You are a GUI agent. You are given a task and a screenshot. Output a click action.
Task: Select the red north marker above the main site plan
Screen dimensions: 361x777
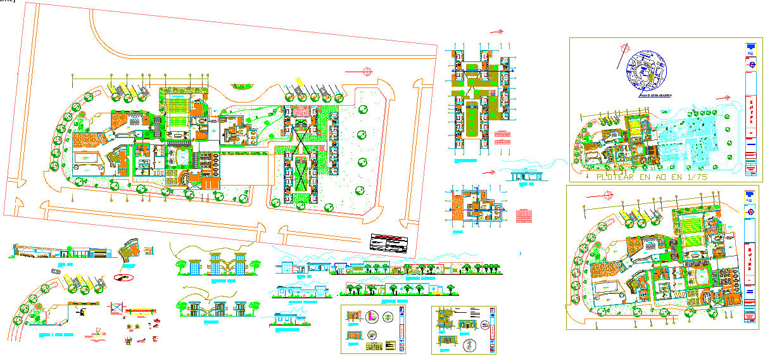coord(366,71)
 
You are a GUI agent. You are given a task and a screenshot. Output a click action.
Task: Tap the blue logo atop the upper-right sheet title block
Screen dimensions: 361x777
coord(750,47)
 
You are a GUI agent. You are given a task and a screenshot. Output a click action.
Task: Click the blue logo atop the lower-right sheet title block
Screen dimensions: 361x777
coord(750,194)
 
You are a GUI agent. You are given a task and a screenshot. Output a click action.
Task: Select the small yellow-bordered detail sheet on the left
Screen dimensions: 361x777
coord(373,329)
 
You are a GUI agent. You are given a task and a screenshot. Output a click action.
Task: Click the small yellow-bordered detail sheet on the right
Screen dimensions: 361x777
coord(464,329)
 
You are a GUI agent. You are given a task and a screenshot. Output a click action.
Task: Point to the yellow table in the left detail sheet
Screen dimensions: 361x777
coord(376,347)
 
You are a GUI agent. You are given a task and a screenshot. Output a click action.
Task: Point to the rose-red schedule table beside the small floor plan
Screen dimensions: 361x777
coord(524,215)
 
